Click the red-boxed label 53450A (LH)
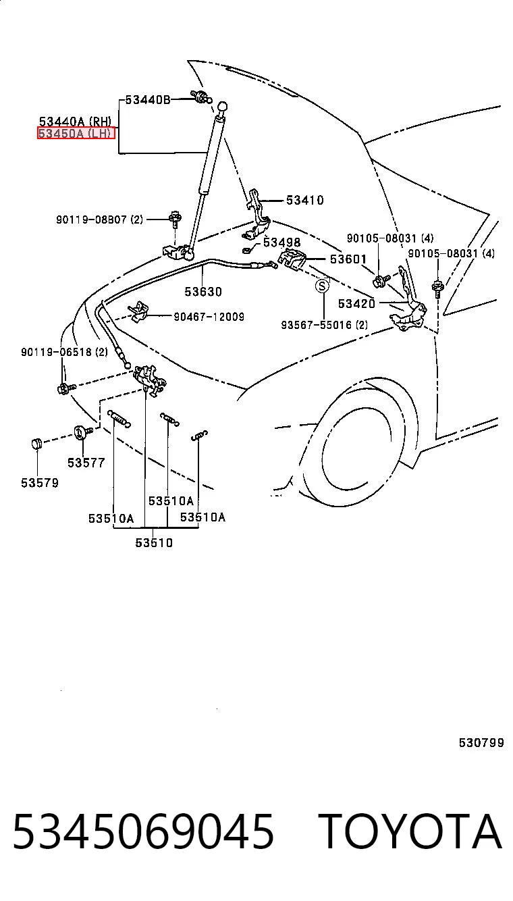point(76,133)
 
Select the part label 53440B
point(148,99)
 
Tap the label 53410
point(304,200)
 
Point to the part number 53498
point(282,242)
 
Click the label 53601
point(348,259)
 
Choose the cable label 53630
point(203,292)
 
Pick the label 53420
point(356,303)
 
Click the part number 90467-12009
point(209,317)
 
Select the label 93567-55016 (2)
point(324,325)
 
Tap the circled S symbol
point(322,286)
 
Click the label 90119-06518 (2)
point(64,352)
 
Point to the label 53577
point(86,463)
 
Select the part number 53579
point(40,483)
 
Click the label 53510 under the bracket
point(154,543)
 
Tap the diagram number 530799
point(481,742)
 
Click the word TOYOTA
point(410,831)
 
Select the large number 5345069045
point(144,831)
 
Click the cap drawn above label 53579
point(37,444)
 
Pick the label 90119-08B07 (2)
point(99,220)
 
